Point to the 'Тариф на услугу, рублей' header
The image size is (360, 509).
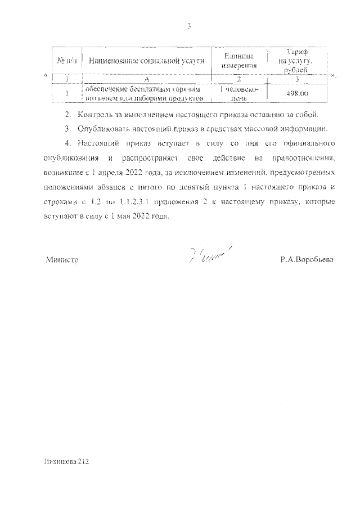click(298, 60)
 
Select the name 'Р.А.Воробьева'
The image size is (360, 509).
click(307, 260)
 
